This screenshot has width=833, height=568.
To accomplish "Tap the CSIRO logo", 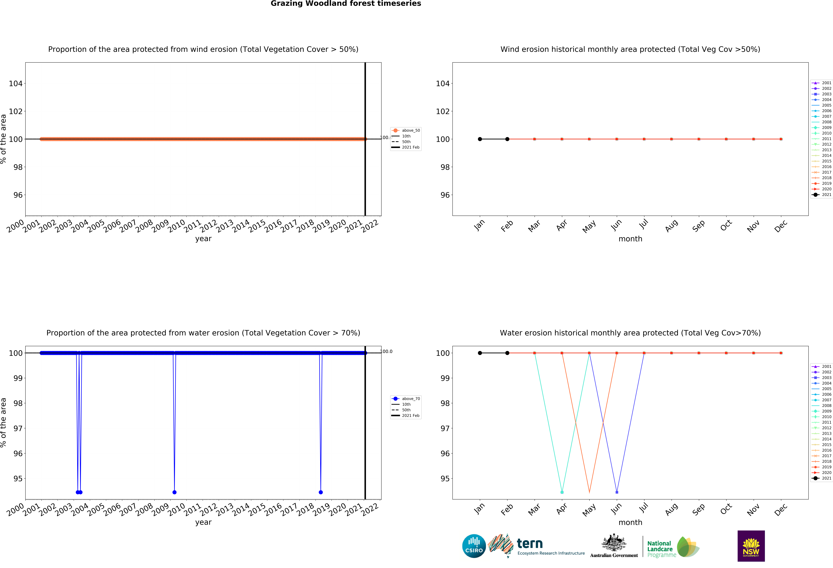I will [x=474, y=546].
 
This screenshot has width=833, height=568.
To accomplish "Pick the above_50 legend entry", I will [x=406, y=131].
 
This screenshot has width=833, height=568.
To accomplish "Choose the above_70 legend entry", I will [x=406, y=399].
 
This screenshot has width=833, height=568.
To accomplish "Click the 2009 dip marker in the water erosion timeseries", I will [x=175, y=492].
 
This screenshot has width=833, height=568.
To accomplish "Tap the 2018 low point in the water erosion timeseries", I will [x=321, y=492].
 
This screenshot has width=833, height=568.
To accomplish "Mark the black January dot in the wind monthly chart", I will [x=480, y=139].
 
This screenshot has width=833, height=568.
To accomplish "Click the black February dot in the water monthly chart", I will [x=507, y=353].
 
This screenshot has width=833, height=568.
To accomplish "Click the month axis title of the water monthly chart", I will [x=630, y=522].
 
